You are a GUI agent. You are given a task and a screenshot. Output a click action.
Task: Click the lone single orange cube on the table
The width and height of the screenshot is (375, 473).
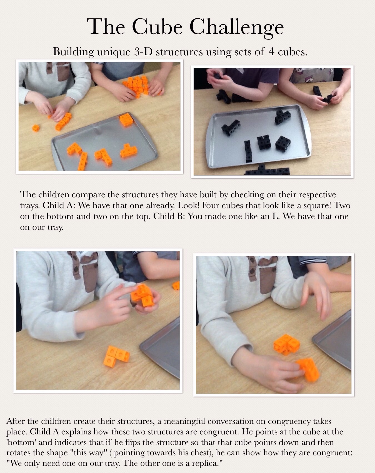click(x=35, y=128)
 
